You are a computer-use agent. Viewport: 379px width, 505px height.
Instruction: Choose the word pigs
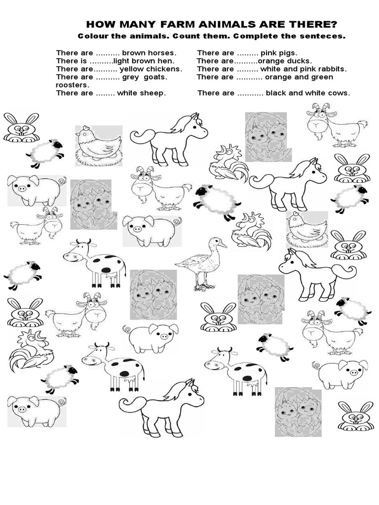[x=288, y=53]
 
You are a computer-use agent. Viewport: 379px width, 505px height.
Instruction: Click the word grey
[x=132, y=77]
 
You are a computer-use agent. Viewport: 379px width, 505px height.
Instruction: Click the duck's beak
[x=223, y=244]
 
